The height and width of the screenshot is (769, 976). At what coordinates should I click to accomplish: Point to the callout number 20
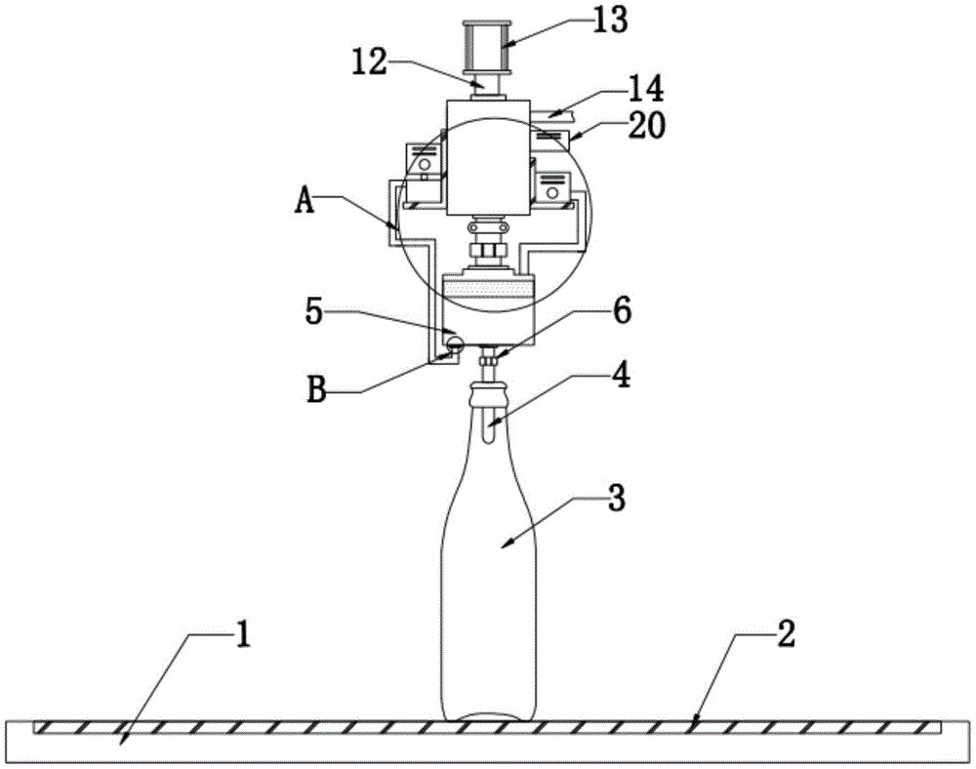(646, 126)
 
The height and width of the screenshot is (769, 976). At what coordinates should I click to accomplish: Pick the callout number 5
(314, 311)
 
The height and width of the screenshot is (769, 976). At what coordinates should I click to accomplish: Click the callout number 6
(623, 309)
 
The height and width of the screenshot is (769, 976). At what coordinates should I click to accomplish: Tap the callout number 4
(621, 375)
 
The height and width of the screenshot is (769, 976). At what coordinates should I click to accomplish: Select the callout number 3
(616, 499)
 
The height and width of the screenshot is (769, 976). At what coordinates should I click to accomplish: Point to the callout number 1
(243, 635)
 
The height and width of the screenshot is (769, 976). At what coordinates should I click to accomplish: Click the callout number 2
(786, 634)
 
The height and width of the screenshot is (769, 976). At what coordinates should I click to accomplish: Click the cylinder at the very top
(487, 47)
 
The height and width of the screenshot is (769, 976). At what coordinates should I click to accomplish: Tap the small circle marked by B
(455, 344)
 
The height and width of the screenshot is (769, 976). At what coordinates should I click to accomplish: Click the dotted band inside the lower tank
(488, 288)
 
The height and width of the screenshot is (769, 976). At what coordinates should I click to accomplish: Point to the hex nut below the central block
(488, 251)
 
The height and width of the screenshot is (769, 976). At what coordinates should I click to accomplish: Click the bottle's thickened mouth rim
(488, 394)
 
